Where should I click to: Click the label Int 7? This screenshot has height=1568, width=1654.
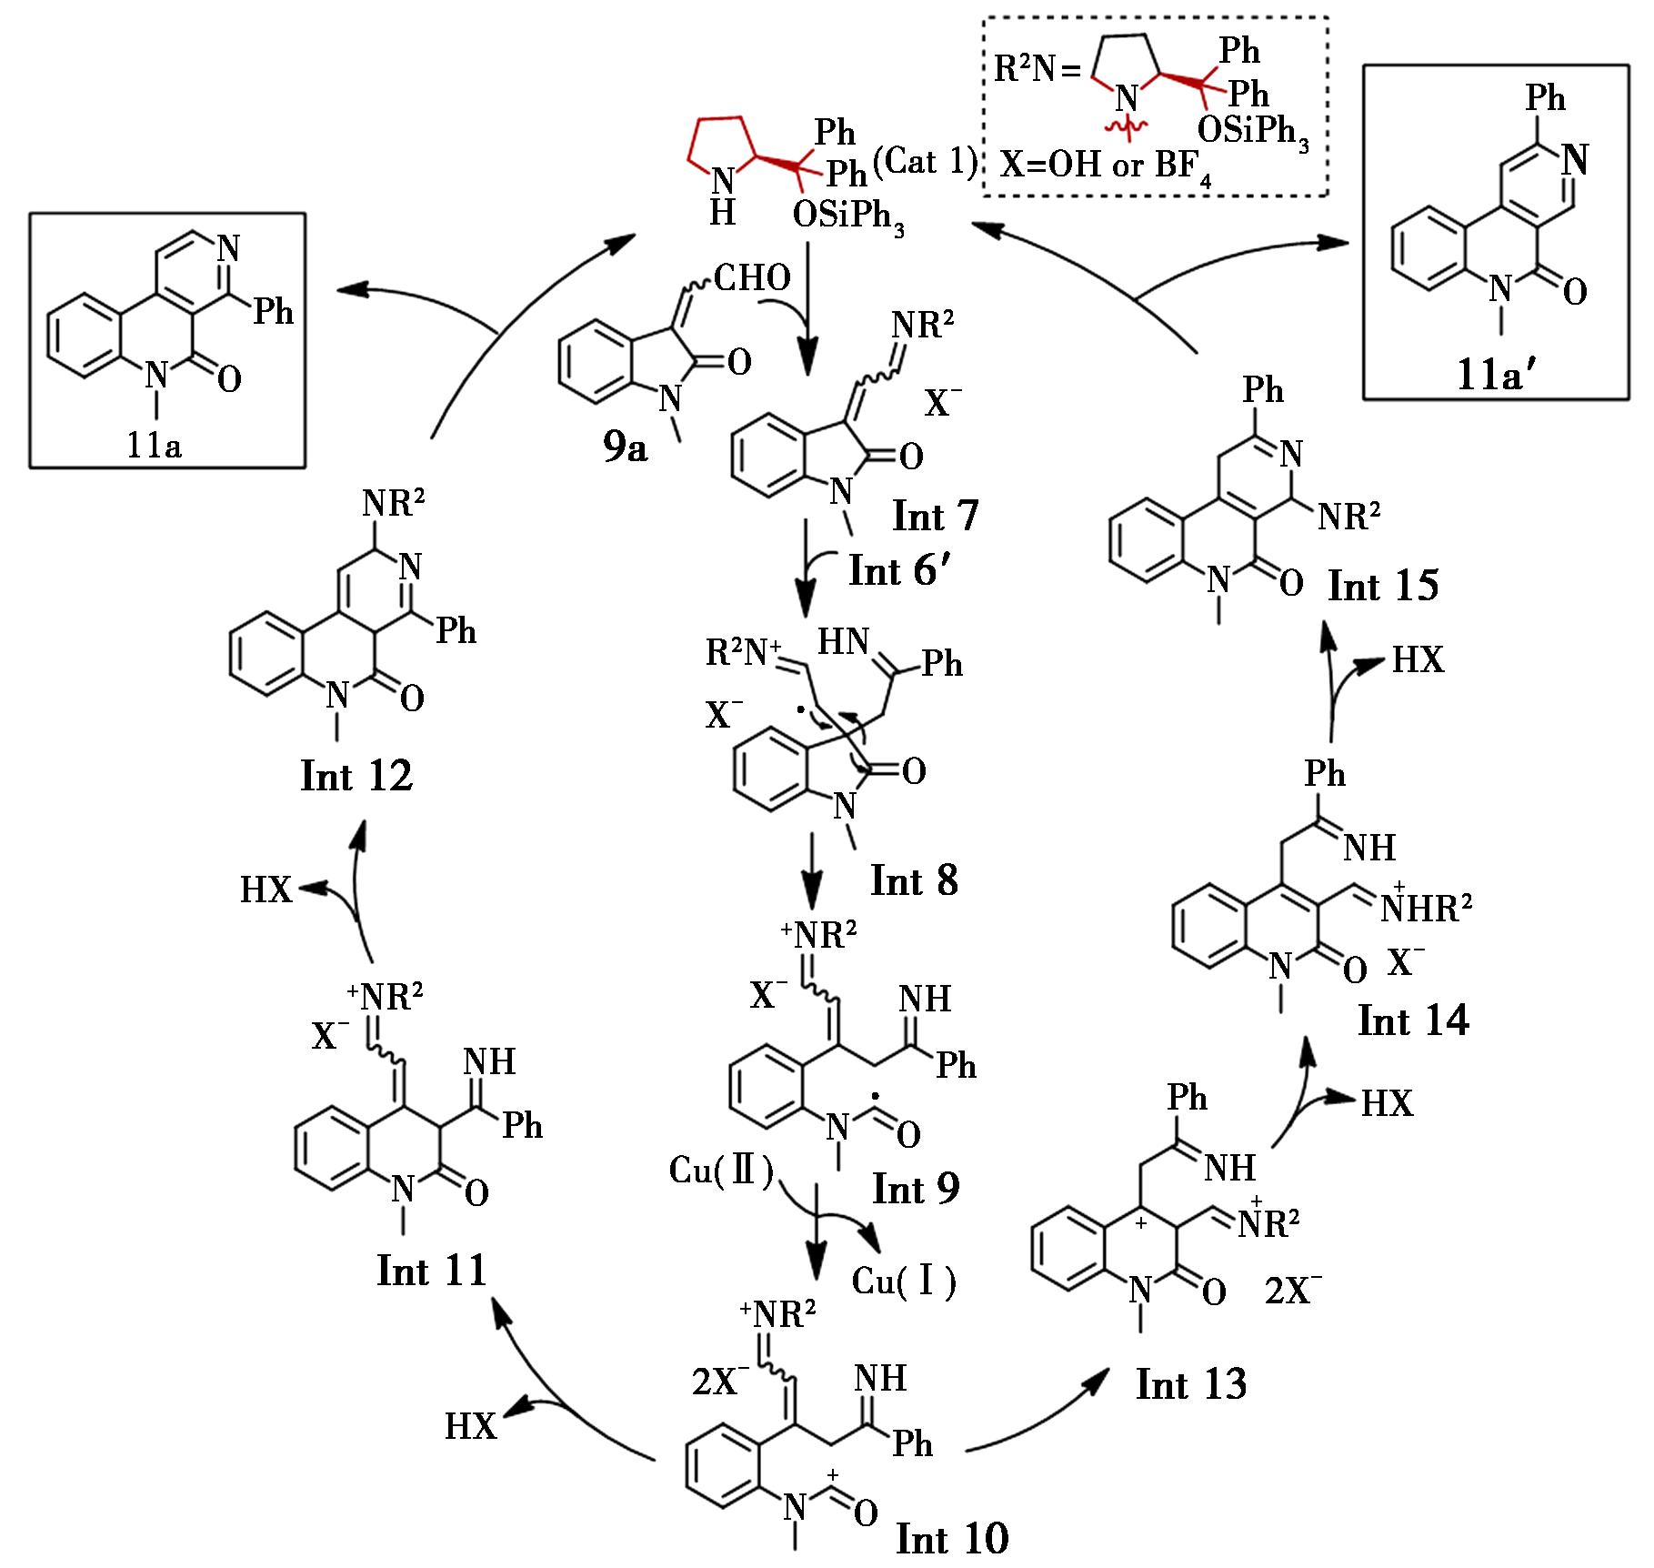click(935, 517)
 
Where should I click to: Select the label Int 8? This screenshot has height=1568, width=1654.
click(914, 880)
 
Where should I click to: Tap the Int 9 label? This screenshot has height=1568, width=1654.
click(916, 1188)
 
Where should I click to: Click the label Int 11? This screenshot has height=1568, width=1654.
click(431, 1271)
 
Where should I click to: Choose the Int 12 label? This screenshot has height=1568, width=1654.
click(356, 776)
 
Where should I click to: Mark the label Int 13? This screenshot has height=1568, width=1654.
click(1190, 1383)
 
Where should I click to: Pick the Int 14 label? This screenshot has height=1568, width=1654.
click(1413, 1020)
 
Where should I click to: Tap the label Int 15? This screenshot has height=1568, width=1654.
click(1383, 586)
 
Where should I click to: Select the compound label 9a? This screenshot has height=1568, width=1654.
click(625, 447)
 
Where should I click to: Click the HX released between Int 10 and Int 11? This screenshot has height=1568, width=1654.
click(471, 1426)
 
